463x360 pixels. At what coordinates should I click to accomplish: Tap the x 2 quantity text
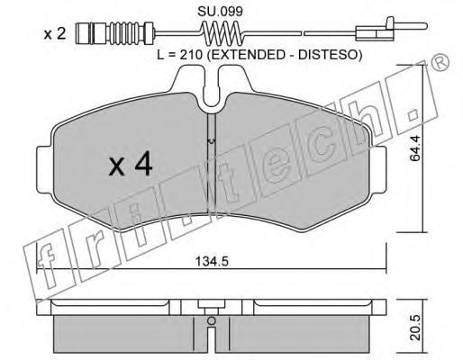click(x=55, y=34)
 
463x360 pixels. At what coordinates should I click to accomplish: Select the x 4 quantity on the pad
click(x=131, y=166)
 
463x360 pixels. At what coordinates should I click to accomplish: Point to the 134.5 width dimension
click(x=212, y=262)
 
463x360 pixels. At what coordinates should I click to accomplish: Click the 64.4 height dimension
click(x=416, y=148)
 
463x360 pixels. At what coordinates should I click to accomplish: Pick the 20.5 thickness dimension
click(x=416, y=328)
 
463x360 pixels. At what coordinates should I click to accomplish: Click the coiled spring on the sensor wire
click(x=222, y=32)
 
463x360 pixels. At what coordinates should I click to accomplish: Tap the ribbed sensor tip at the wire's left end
click(x=114, y=32)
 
